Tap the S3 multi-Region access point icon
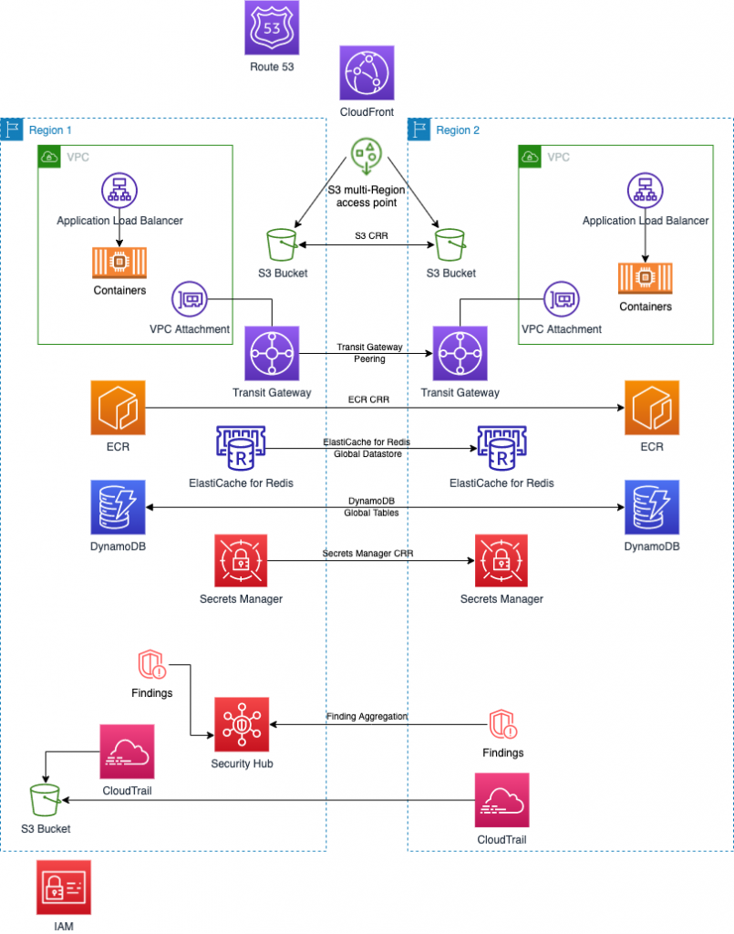[366, 157]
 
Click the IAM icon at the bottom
[64, 886]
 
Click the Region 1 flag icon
[13, 130]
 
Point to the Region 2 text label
[458, 130]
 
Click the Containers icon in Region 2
[645, 277]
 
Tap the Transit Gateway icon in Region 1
[272, 353]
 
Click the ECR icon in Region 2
[651, 409]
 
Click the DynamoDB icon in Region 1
[119, 506]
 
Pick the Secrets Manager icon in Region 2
[501, 561]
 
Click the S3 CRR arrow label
[367, 237]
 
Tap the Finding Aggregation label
[367, 717]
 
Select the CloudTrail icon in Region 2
[501, 799]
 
